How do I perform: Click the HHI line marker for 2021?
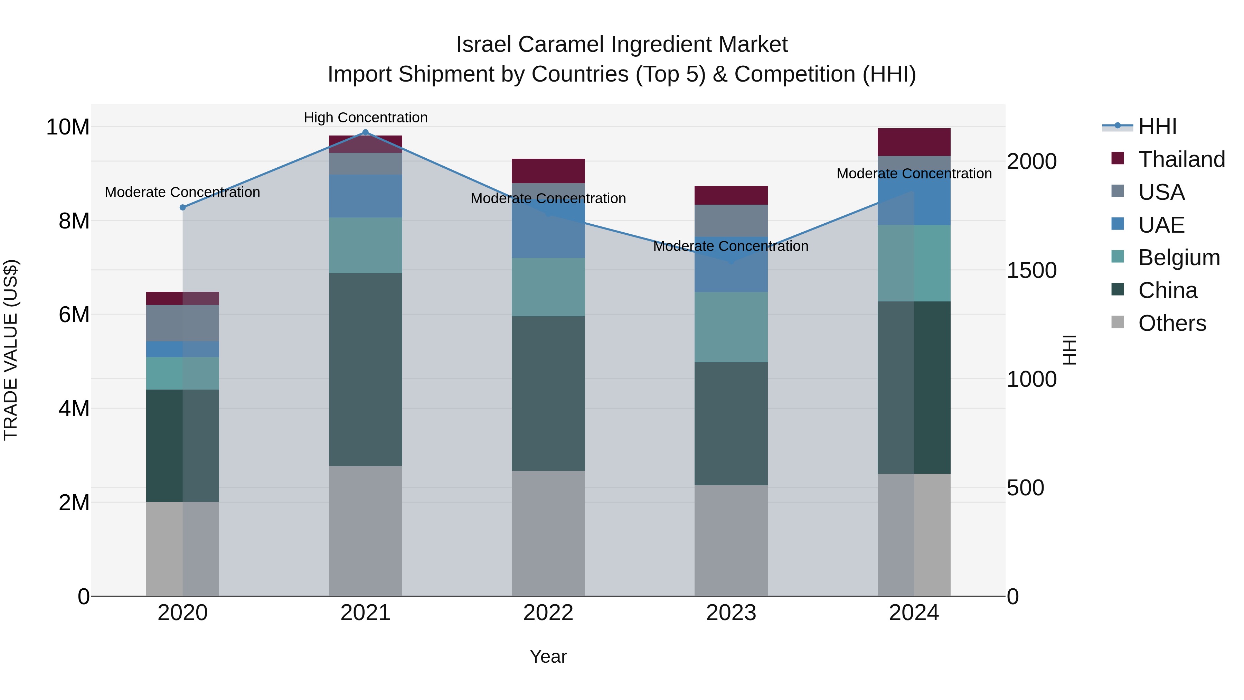[x=365, y=132]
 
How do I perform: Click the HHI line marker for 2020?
[x=182, y=207]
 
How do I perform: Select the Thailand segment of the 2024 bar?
[x=914, y=142]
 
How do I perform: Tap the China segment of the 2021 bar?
[x=365, y=369]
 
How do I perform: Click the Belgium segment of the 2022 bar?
[x=548, y=287]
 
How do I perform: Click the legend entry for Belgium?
[x=1178, y=258]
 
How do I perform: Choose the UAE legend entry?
[x=1161, y=225]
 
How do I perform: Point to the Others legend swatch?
[x=1118, y=322]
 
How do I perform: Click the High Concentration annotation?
[x=366, y=118]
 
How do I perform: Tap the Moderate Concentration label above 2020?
[x=182, y=192]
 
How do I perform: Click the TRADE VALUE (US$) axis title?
[x=11, y=350]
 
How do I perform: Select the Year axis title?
[x=548, y=656]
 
